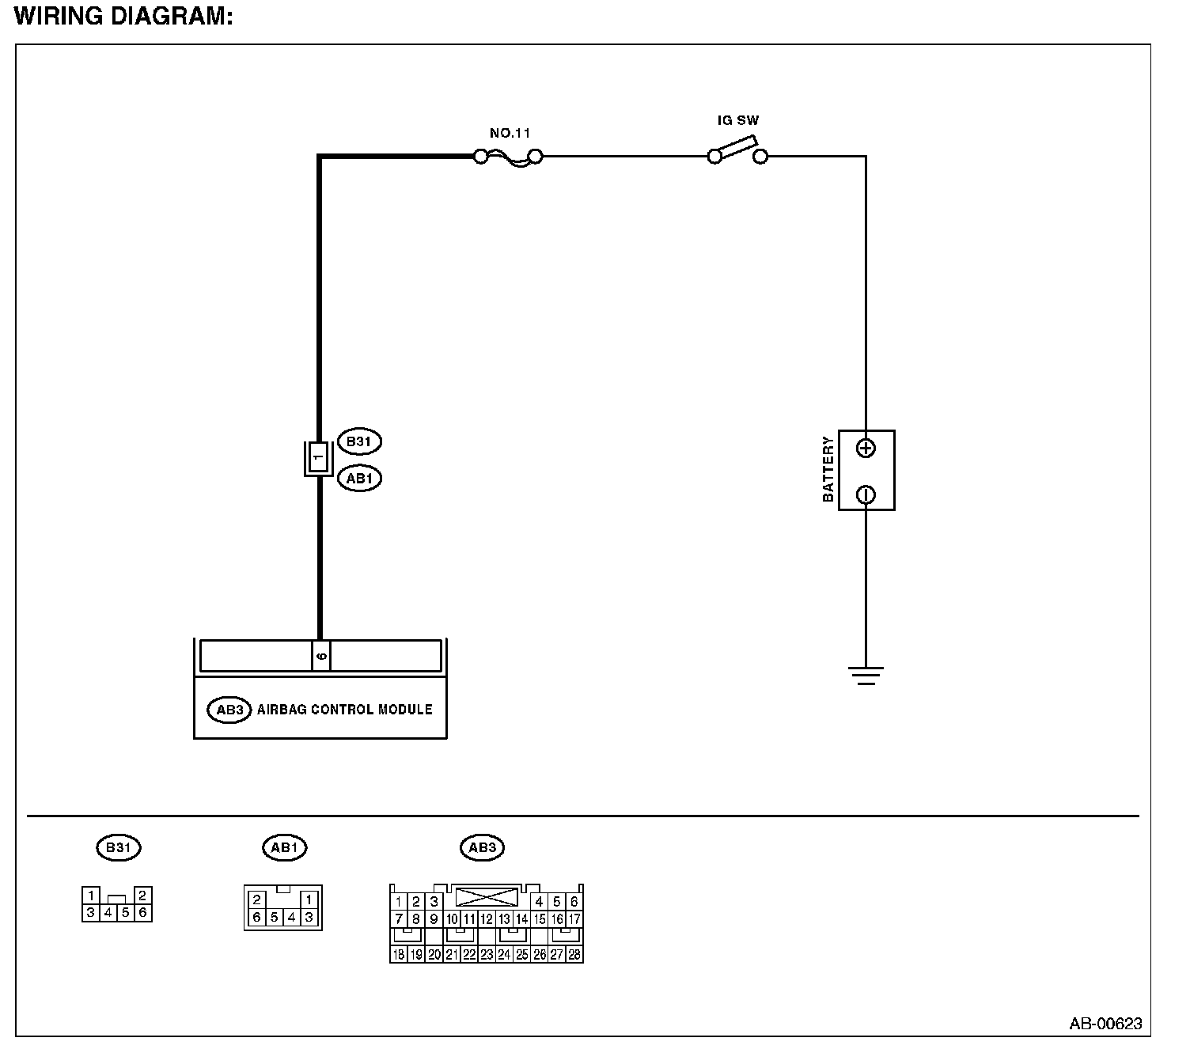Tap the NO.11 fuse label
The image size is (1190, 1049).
click(510, 133)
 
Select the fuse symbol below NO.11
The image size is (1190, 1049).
click(508, 157)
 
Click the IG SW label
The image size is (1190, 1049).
click(737, 121)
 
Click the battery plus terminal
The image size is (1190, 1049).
click(866, 449)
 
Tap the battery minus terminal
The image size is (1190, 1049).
click(866, 494)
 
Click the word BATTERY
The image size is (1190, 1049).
click(828, 469)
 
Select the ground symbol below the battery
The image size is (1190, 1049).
click(866, 675)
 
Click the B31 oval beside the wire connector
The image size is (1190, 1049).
click(359, 441)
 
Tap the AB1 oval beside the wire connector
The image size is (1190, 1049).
click(359, 478)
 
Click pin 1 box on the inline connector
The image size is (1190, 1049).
click(317, 457)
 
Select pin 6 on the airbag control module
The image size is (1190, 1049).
click(320, 656)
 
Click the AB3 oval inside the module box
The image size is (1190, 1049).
click(229, 710)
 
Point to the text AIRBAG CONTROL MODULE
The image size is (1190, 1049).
click(345, 710)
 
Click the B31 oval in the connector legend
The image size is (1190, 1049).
click(118, 847)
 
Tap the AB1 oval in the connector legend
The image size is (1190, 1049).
click(284, 847)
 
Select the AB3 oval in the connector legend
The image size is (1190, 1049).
click(482, 847)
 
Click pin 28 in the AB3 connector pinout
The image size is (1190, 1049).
click(574, 955)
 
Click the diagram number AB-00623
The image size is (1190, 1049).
click(1105, 1023)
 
